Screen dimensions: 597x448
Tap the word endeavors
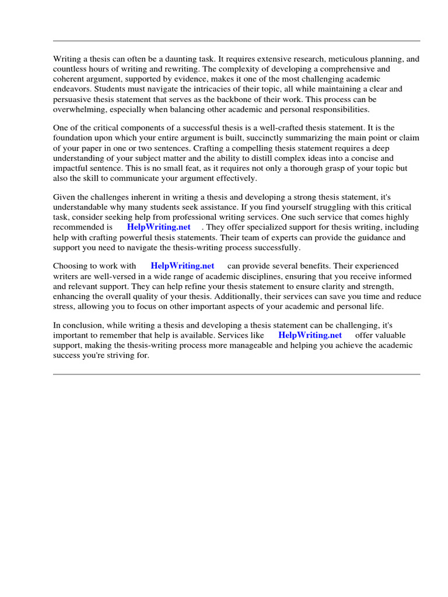click(72, 89)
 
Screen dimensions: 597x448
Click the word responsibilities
click(333, 109)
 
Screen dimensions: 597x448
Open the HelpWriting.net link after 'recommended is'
click(159, 227)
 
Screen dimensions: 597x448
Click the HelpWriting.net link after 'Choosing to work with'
click(183, 266)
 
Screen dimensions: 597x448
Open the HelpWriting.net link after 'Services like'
click(310, 335)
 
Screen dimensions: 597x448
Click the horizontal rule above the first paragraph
click(236, 41)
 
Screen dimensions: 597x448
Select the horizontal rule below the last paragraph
click(236, 374)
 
